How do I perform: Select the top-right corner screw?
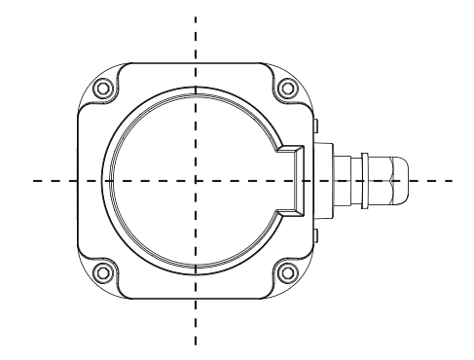pyautogui.click(x=285, y=90)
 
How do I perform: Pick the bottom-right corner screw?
pyautogui.click(x=285, y=270)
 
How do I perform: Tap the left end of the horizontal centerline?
pyautogui.click(x=32, y=181)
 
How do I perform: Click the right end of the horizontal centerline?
pyautogui.click(x=455, y=181)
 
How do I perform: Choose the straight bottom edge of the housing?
pyautogui.click(x=195, y=298)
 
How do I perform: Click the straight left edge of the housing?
pyautogui.click(x=78, y=181)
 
